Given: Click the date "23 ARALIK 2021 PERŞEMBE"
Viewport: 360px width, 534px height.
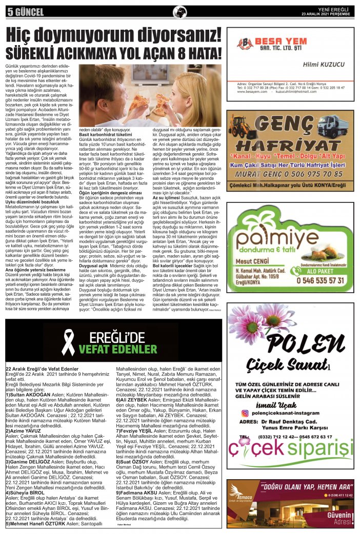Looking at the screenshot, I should (x=326, y=14).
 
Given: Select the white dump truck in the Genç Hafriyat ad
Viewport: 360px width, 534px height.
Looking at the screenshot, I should (x=330, y=126).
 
